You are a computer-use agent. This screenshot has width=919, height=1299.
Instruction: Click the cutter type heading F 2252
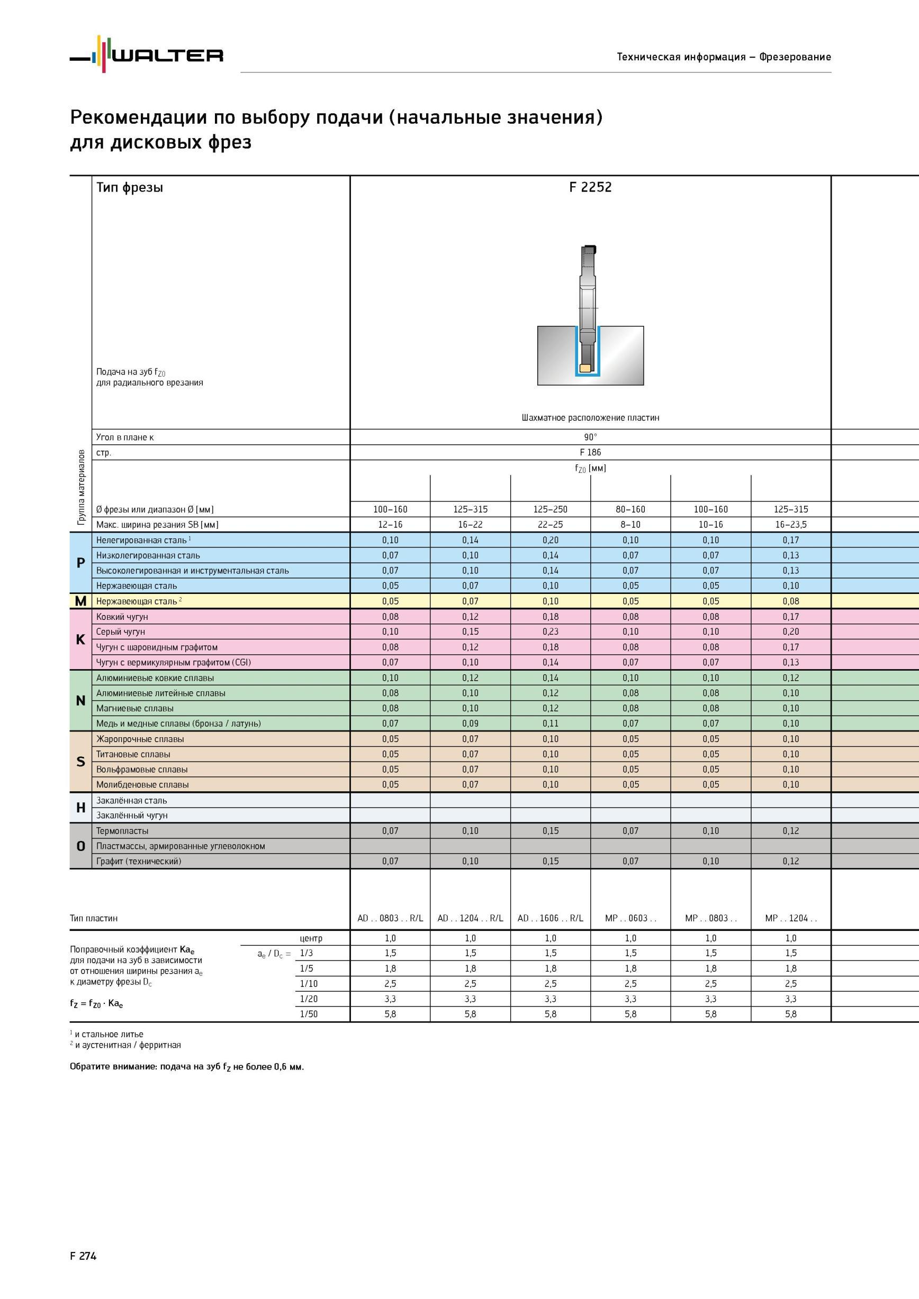pos(590,187)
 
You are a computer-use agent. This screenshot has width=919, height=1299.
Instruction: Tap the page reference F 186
pos(590,452)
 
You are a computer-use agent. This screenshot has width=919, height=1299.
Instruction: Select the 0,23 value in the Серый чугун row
pos(550,632)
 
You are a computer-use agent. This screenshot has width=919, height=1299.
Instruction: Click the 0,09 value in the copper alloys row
pos(470,723)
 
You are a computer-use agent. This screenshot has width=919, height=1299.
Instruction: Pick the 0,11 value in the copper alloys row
pos(550,723)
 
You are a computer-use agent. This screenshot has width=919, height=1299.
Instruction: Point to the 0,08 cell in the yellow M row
pos(790,601)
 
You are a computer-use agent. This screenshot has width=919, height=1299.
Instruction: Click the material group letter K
pos(80,639)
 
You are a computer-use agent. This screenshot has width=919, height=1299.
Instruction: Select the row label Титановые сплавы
pos(133,754)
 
